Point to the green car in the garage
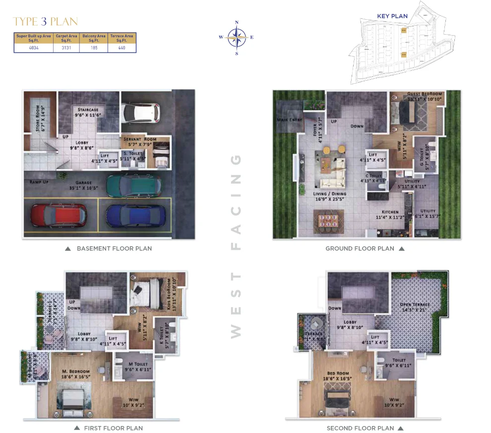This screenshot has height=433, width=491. point(133,184)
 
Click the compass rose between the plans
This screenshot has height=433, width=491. point(237,37)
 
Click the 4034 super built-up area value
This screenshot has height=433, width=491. point(34,48)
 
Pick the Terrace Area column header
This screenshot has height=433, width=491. point(122,38)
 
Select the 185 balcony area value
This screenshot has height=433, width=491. point(94,48)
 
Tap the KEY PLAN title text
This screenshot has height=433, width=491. point(392,16)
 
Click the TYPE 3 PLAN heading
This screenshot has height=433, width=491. point(45,22)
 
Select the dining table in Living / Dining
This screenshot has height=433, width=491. point(328,219)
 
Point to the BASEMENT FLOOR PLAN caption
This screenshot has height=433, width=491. point(114,248)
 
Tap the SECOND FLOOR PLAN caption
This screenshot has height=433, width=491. point(360,428)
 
